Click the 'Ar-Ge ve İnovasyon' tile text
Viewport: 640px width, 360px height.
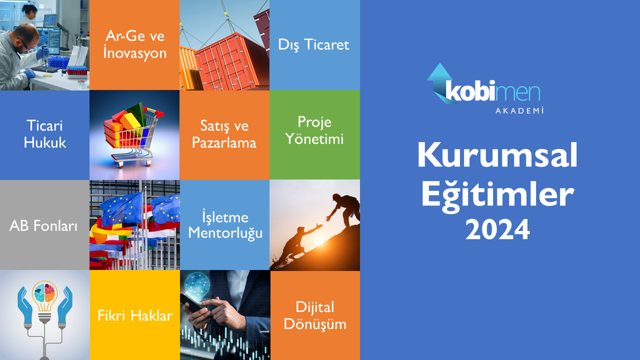[x=134, y=45]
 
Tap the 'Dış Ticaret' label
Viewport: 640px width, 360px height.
[x=313, y=45]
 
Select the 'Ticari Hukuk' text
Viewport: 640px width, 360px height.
[x=45, y=134]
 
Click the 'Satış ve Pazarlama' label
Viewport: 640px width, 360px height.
[x=224, y=134]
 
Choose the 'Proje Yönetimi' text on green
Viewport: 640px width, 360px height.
[x=314, y=130]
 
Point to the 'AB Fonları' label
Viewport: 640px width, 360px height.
[x=43, y=225]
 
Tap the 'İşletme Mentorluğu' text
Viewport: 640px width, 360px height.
[x=225, y=224]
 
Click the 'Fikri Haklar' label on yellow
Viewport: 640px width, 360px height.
[x=135, y=315]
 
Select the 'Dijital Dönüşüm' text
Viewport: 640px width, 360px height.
[x=315, y=316]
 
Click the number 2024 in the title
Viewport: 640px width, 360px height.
[x=497, y=229]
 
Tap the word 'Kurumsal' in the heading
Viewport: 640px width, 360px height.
[x=497, y=154]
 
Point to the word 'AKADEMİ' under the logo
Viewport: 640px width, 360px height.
[x=519, y=110]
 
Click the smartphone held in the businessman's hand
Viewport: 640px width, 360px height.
[x=192, y=303]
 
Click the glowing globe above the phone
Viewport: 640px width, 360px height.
[x=197, y=285]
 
